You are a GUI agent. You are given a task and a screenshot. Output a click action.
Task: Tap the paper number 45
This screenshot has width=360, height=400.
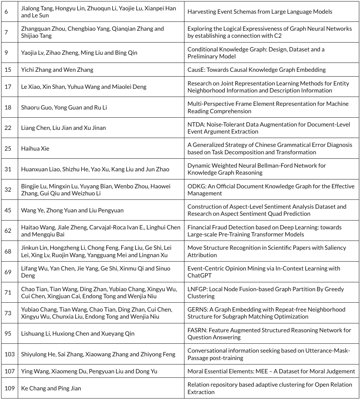point(8,210)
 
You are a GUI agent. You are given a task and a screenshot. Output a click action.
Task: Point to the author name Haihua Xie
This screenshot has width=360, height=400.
point(35,149)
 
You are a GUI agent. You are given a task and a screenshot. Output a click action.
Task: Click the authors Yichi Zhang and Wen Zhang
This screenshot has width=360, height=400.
point(57,70)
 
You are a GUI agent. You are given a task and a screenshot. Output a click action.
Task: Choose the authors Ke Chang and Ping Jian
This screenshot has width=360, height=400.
point(51,388)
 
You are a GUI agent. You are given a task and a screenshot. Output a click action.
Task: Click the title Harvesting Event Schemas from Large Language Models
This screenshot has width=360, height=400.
point(260,12)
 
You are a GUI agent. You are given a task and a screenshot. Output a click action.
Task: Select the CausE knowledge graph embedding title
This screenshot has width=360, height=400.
point(256,70)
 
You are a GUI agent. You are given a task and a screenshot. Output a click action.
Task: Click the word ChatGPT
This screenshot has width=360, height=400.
point(199,275)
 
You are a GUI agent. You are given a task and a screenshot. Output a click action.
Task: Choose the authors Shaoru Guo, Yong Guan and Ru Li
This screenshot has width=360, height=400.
point(64,108)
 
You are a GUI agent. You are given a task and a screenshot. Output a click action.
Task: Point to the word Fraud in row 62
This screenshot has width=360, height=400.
point(220,227)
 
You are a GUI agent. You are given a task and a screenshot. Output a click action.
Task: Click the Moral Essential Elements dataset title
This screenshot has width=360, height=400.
point(271,371)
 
